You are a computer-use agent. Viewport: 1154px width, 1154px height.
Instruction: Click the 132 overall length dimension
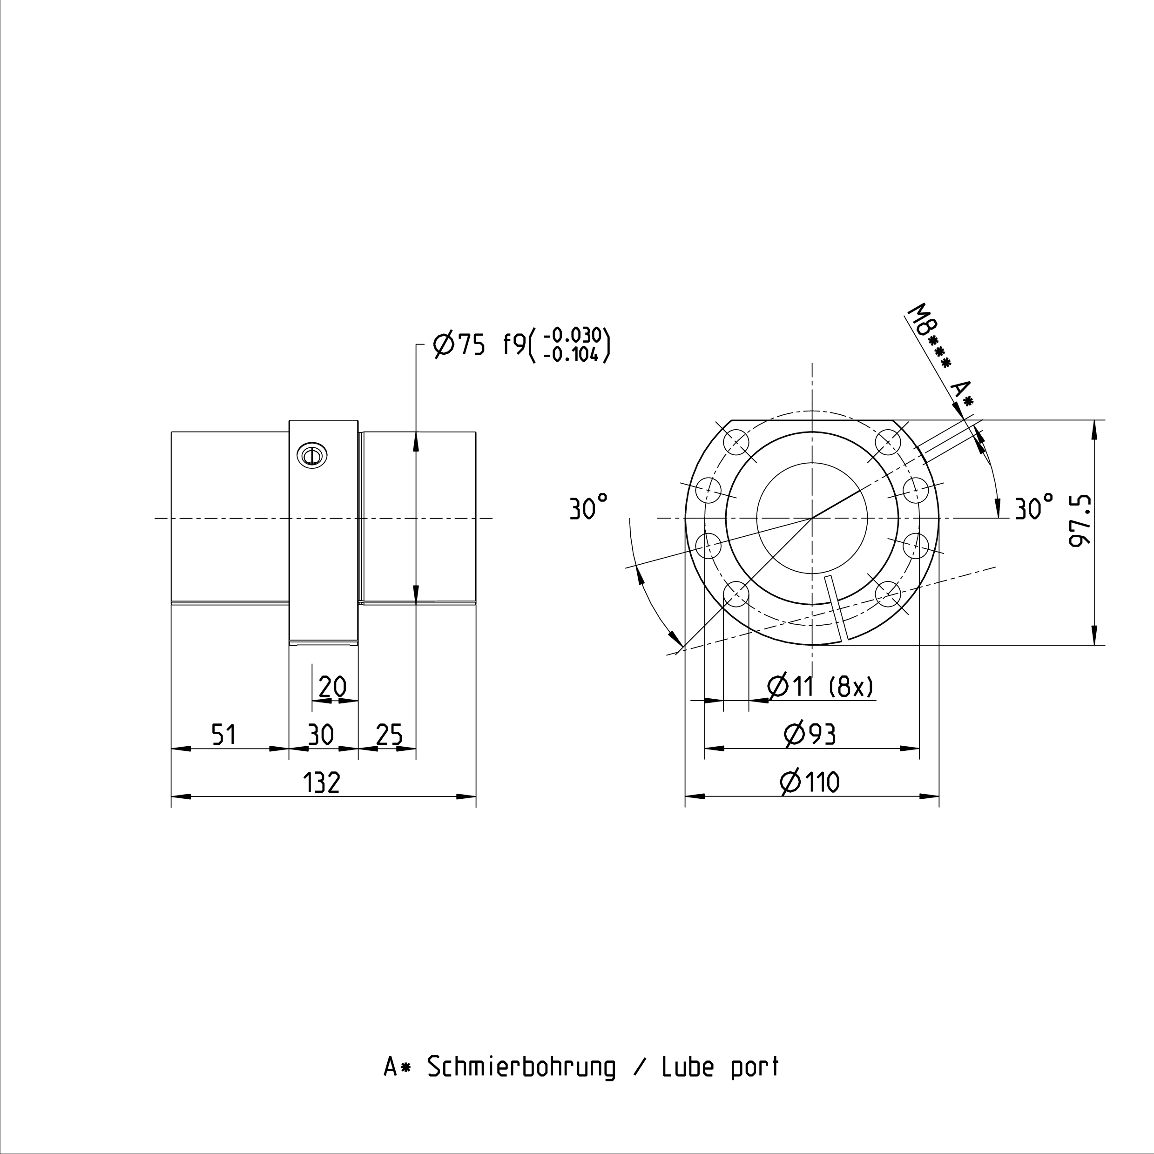[322, 783]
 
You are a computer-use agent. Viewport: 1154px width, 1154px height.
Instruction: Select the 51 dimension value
[224, 734]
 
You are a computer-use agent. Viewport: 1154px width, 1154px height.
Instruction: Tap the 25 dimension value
[390, 734]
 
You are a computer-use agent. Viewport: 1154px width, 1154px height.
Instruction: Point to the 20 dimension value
[332, 687]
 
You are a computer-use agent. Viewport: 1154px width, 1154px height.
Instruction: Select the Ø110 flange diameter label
[810, 783]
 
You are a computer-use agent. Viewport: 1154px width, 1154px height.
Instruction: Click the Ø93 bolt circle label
[810, 734]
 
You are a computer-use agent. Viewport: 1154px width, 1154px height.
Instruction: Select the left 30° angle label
[589, 507]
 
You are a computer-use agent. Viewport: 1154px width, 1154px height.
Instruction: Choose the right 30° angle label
[1034, 507]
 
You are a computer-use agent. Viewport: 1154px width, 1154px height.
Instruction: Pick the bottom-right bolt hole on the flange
[888, 595]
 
